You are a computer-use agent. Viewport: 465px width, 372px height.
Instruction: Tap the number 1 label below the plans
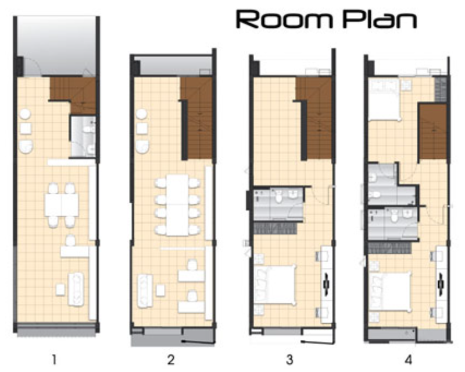54,360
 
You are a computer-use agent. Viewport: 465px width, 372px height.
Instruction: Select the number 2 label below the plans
171,360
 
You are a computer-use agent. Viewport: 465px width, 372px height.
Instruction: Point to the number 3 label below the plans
289,360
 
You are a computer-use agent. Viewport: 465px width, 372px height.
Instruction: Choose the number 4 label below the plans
409,360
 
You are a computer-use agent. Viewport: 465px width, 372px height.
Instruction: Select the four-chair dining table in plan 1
62,205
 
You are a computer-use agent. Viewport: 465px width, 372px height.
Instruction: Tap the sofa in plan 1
76,289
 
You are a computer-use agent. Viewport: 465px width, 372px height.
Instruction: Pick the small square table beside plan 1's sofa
60,290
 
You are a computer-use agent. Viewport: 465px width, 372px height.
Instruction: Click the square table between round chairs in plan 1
26,129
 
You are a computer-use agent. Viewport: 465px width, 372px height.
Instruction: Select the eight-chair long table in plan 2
177,205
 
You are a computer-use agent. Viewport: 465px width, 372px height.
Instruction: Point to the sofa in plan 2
145,291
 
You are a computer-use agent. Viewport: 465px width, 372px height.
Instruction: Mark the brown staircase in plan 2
197,118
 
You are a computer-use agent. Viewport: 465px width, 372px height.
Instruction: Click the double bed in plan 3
276,285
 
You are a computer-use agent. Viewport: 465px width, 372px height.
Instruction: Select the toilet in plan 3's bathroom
279,197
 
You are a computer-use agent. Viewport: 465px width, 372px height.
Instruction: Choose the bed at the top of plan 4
385,100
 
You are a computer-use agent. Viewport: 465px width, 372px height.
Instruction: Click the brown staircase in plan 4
433,132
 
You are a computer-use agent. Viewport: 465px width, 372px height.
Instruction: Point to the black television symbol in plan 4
441,284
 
